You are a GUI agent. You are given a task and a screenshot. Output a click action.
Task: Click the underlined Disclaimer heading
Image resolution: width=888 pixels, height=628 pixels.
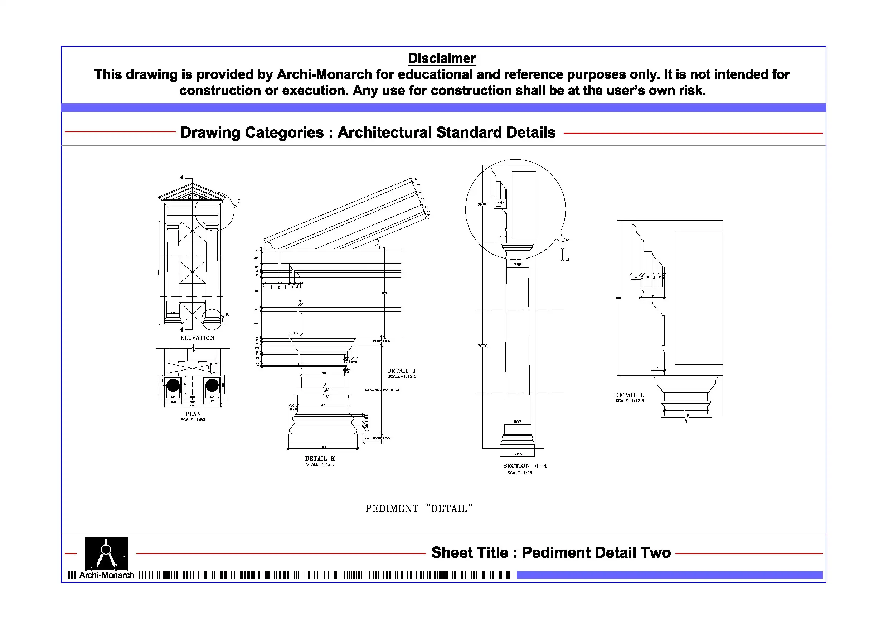(x=441, y=58)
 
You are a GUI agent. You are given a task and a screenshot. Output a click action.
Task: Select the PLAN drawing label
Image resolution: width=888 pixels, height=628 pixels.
(x=193, y=414)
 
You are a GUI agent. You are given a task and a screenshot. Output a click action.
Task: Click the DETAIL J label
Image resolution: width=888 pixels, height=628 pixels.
(x=401, y=371)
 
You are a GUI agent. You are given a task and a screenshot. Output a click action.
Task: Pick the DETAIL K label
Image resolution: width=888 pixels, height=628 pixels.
(x=320, y=459)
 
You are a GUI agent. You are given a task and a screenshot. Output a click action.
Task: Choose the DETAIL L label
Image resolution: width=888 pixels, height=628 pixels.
(x=629, y=395)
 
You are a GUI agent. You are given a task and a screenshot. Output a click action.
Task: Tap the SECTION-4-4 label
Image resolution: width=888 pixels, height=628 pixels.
(x=525, y=466)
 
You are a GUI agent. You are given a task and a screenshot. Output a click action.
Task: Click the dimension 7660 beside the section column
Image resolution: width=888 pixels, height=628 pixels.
(x=482, y=346)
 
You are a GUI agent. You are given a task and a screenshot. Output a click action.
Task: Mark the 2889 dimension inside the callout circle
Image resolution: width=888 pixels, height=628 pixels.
(x=482, y=205)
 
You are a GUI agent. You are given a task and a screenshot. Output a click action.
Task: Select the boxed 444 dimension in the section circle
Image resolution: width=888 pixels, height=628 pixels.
(x=501, y=203)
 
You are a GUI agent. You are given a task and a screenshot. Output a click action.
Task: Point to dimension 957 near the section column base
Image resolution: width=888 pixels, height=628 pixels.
(x=518, y=422)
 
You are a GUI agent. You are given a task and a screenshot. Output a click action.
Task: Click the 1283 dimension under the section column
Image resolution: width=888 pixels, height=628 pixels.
(x=517, y=454)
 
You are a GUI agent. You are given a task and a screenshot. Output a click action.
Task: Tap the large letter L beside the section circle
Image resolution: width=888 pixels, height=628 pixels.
(x=564, y=255)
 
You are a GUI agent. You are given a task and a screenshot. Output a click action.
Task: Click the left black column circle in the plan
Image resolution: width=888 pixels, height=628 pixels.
(x=173, y=385)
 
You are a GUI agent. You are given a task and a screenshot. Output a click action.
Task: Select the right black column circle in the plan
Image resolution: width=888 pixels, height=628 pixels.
(x=212, y=385)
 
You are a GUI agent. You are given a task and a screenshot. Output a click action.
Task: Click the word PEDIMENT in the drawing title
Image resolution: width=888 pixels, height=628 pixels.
(x=392, y=508)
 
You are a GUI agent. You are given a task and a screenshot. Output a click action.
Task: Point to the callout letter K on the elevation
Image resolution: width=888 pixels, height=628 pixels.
(x=227, y=315)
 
